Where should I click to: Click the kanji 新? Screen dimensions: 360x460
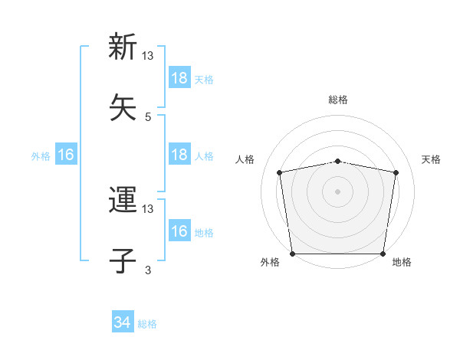coord(123,47)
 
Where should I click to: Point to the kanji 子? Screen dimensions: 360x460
coord(123,260)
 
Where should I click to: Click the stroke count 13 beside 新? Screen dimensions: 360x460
coord(148,56)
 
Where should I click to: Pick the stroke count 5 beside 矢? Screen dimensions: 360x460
coord(148,116)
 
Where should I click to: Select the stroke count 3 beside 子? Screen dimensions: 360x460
coord(148,270)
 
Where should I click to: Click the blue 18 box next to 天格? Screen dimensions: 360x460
coord(179,78)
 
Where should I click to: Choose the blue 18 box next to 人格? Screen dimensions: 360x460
coord(179,155)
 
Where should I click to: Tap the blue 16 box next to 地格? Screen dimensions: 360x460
coord(179,231)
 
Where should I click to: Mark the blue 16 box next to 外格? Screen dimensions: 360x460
coord(66,155)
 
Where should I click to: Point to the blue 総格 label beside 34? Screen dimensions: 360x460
coord(147,324)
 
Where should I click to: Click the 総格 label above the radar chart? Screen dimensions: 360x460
coord(337,100)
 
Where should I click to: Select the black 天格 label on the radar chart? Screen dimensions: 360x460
coord(432,159)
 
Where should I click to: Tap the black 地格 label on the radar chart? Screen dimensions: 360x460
coord(402,263)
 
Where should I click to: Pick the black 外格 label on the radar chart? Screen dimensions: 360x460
coord(270,263)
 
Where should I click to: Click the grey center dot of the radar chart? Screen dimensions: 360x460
coord(337,191)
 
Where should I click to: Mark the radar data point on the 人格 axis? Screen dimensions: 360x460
coord(281,172)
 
